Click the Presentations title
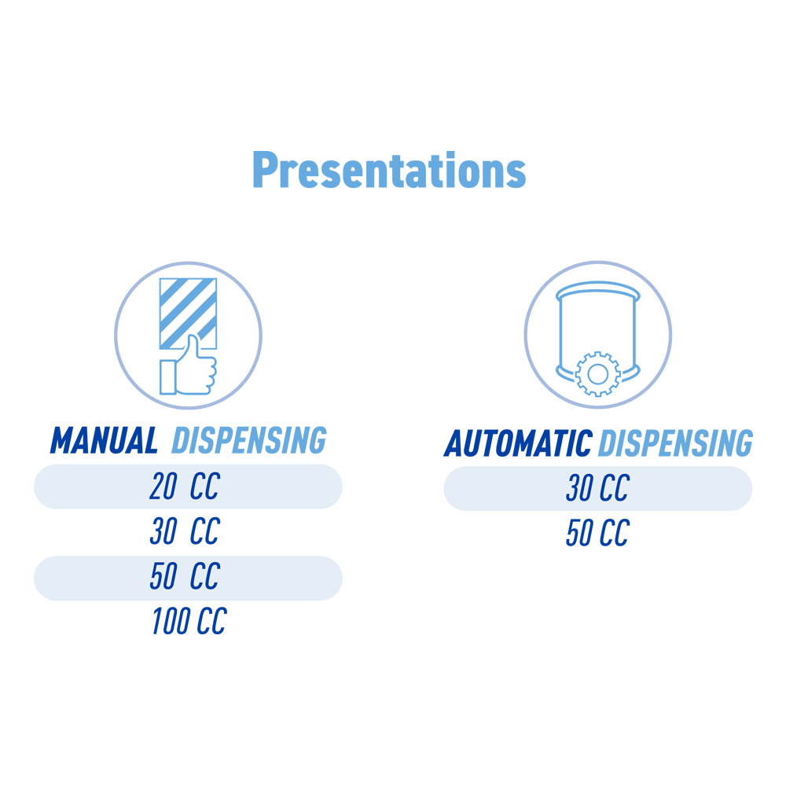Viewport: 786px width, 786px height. point(390,170)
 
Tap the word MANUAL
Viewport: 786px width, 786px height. point(104,441)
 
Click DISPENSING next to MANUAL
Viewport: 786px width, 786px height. point(249,441)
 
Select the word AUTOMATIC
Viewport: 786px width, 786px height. point(518,443)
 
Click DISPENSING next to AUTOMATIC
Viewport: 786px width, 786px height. point(676,443)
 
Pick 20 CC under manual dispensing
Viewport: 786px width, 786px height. point(185,487)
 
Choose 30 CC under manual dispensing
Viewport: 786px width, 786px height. point(185,531)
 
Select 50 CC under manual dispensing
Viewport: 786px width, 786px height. point(185,576)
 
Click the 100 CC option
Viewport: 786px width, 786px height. point(189,621)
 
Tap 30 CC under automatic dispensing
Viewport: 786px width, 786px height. point(597,488)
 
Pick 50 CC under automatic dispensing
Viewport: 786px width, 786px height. point(597,532)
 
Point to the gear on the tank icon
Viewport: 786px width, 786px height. point(597,374)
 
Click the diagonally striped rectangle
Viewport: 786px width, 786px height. point(188,314)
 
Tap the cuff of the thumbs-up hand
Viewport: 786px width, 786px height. point(167,377)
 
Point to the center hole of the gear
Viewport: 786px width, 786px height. point(597,374)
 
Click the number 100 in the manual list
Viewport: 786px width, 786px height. point(171,621)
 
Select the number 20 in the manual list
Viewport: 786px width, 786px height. point(163,487)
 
